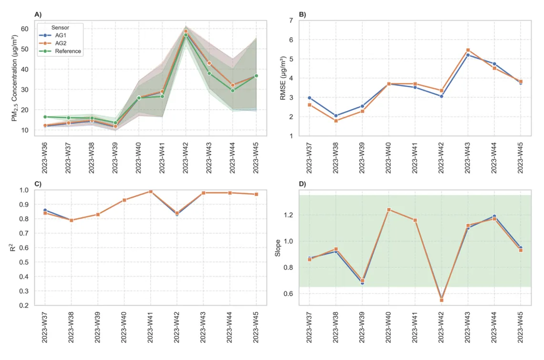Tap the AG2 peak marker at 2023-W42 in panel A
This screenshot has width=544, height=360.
186,31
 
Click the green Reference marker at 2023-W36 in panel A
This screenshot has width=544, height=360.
45,117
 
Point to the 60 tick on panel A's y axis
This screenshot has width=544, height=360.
24,29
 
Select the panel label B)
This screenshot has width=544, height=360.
303,14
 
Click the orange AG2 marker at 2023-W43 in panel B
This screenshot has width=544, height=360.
468,50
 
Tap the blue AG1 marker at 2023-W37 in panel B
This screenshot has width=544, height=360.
309,98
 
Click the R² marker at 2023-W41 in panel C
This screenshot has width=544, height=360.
150,192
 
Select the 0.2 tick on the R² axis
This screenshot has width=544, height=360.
24,306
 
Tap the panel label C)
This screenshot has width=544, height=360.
38,184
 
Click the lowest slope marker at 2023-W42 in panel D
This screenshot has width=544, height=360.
441,300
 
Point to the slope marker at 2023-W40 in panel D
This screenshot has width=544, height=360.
388,209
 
